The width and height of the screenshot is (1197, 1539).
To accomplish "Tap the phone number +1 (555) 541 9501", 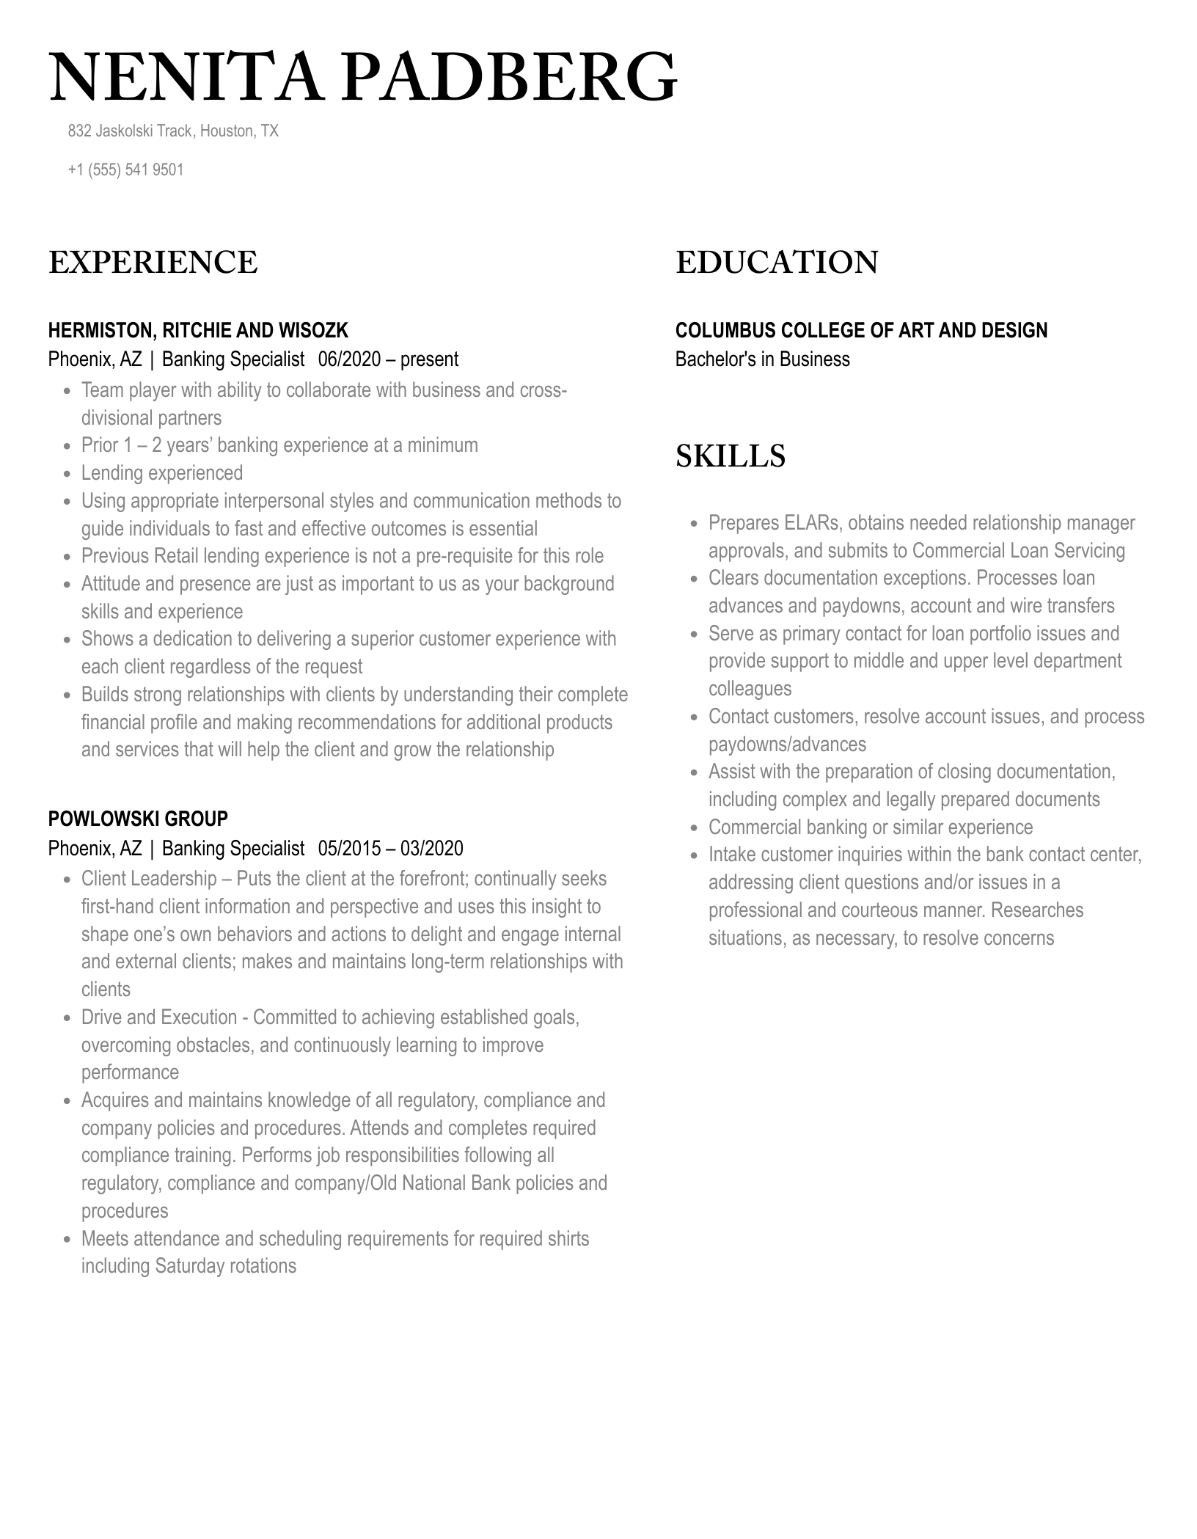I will click(125, 170).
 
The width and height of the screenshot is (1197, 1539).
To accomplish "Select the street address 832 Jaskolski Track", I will click(131, 131).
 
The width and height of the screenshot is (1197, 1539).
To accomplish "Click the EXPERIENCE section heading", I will click(153, 263).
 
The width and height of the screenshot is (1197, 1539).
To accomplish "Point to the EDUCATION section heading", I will click(776, 263).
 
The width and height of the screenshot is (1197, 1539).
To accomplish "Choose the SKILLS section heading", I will click(730, 456).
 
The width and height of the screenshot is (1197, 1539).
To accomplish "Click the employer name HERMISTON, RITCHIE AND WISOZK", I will click(198, 331).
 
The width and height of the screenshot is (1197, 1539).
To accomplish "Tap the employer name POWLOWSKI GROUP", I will click(138, 819).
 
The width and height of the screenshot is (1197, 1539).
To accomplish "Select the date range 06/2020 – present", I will click(388, 359).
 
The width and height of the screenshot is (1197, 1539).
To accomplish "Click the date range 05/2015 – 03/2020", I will click(390, 849).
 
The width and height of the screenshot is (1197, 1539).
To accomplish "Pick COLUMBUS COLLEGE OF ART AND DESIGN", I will click(861, 331).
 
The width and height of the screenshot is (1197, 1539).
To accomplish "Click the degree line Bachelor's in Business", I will click(762, 359).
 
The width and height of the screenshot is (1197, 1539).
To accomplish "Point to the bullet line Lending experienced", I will click(162, 473).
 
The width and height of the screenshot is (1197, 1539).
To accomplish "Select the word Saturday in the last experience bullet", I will click(190, 1266).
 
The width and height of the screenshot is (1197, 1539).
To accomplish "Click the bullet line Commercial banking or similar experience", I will click(870, 827).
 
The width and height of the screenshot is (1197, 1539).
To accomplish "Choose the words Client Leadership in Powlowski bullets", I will click(149, 879).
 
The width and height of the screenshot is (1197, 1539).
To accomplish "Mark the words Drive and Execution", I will click(159, 1017).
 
